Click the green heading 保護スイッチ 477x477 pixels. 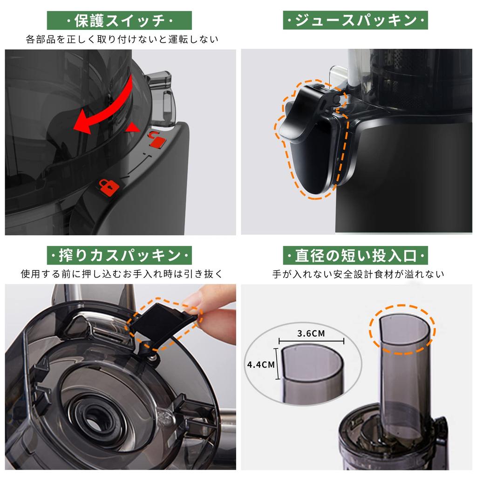pyautogui.click(x=119, y=21)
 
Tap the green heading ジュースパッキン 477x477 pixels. pyautogui.click(x=355, y=21)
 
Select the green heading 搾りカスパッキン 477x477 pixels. pyautogui.click(x=119, y=256)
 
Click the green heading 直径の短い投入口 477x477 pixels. pyautogui.click(x=355, y=256)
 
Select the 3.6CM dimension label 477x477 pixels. pyautogui.click(x=311, y=334)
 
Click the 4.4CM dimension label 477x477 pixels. pyautogui.click(x=261, y=364)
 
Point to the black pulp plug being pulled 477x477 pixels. pyautogui.click(x=163, y=321)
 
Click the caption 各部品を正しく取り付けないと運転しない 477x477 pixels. pyautogui.click(x=122, y=39)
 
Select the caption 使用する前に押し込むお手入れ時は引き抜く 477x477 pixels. pyautogui.click(x=122, y=274)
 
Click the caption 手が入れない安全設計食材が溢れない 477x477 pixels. pyautogui.click(x=358, y=274)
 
